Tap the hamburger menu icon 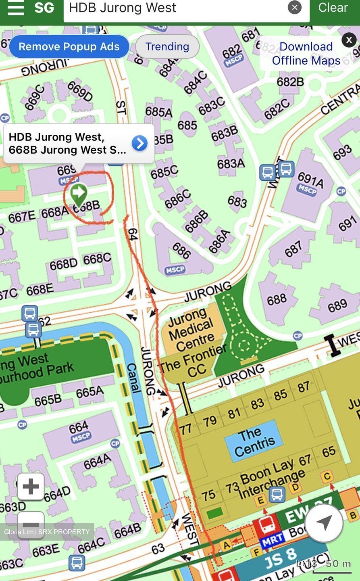tap(16, 8)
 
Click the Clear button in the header tap(333, 8)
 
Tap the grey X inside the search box tap(295, 7)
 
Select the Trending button tap(167, 46)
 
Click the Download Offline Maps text tap(306, 54)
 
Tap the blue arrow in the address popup tap(139, 143)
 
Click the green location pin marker tap(79, 194)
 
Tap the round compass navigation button tap(324, 523)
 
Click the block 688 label tap(277, 299)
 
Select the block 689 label tap(337, 306)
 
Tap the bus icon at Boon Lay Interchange tap(277, 494)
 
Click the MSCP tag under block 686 tap(175, 270)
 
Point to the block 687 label tap(293, 249)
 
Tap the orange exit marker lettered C tap(327, 477)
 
